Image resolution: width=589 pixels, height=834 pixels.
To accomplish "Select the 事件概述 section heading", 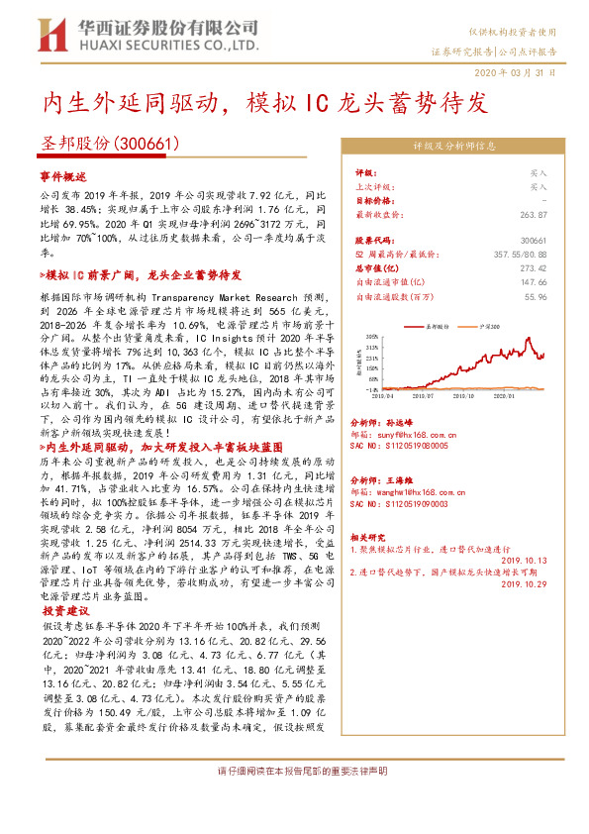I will point(63,174).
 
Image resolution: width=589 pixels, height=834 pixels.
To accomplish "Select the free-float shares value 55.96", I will point(535,295).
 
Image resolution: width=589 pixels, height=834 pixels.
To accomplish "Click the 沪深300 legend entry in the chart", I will point(485,324).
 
